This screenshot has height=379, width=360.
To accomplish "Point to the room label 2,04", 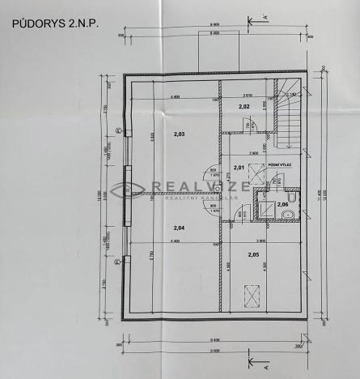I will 179,228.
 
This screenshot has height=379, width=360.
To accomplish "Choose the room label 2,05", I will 253,255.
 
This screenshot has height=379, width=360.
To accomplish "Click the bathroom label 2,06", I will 282,204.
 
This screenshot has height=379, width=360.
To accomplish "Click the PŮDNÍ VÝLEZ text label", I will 280,164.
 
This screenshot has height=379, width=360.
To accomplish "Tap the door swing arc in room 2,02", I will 252,126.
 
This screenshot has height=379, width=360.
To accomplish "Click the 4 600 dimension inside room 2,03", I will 175,97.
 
